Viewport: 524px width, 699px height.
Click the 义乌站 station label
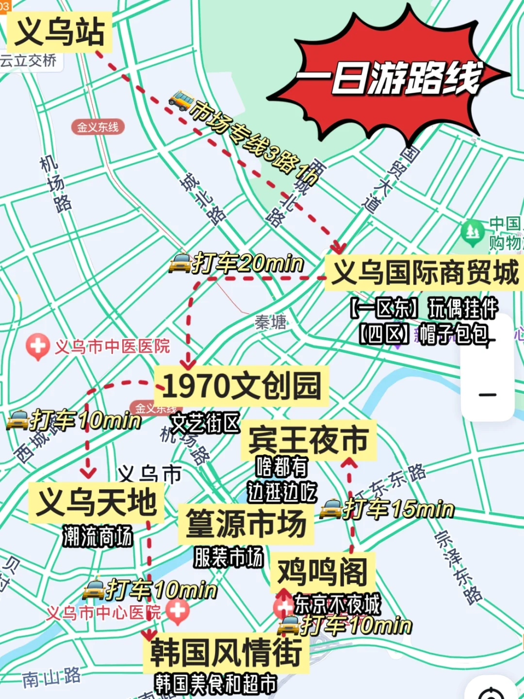tap(59, 32)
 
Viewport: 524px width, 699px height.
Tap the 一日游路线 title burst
tap(388, 78)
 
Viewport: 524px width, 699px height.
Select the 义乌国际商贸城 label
tap(424, 273)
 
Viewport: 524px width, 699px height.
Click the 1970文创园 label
tap(241, 386)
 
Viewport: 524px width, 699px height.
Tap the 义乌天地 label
tap(96, 502)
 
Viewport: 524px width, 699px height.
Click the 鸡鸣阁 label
tap(323, 572)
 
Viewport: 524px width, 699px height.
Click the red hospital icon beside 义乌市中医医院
tap(37, 346)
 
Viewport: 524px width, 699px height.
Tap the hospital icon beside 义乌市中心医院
tap(178, 611)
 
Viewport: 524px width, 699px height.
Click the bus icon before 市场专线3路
tap(180, 100)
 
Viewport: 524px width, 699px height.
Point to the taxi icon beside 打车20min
tap(180, 264)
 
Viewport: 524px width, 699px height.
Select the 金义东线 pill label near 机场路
tap(98, 127)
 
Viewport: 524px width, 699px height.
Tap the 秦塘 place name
tap(270, 322)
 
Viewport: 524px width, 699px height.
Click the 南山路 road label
tap(51, 678)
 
